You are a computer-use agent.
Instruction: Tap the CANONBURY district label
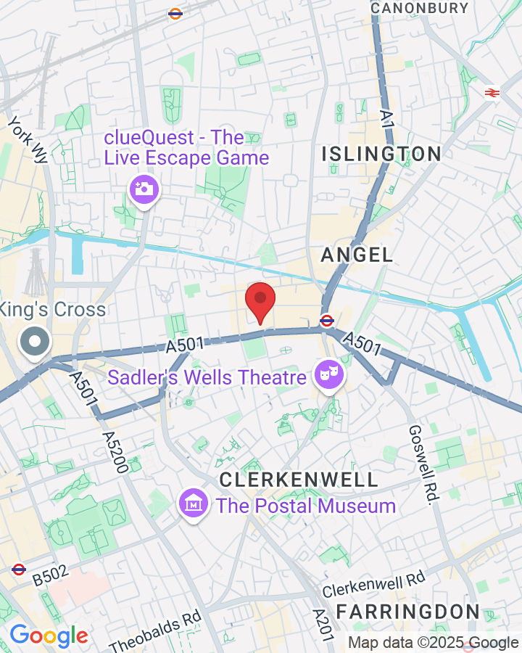419,8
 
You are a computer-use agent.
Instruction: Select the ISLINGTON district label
381,154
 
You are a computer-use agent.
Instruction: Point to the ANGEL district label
357,255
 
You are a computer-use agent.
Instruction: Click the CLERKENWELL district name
299,480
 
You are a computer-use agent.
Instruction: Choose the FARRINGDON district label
407,611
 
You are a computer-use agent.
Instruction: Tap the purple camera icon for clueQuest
144,190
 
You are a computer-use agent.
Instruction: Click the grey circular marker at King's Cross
35,342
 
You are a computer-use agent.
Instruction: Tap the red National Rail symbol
492,92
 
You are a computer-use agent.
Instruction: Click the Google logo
49,636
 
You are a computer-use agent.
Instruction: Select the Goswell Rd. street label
423,465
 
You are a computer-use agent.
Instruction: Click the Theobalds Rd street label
154,632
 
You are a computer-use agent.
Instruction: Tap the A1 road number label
388,119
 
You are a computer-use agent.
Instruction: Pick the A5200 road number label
116,451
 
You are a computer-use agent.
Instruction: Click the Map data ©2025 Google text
433,642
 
